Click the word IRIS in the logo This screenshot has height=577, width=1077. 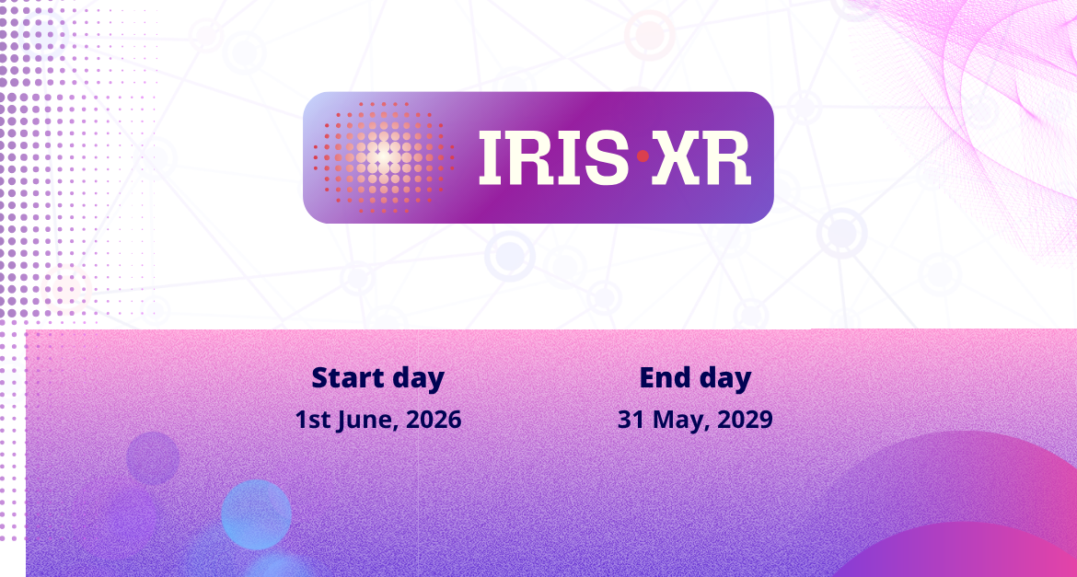(x=553, y=158)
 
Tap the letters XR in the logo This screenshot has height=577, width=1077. (x=701, y=158)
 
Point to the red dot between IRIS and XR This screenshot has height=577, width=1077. (x=643, y=156)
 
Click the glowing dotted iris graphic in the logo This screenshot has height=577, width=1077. (x=383, y=157)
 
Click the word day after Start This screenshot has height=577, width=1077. (x=418, y=379)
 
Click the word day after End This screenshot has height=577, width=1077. (x=724, y=379)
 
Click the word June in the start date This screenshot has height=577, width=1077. (x=367, y=420)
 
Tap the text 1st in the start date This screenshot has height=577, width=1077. (x=313, y=419)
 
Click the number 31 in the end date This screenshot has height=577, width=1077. (x=631, y=419)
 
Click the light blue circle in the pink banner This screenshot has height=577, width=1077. (x=256, y=514)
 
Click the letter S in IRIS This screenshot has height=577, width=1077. (x=607, y=158)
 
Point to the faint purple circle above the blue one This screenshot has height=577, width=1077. (x=153, y=458)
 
